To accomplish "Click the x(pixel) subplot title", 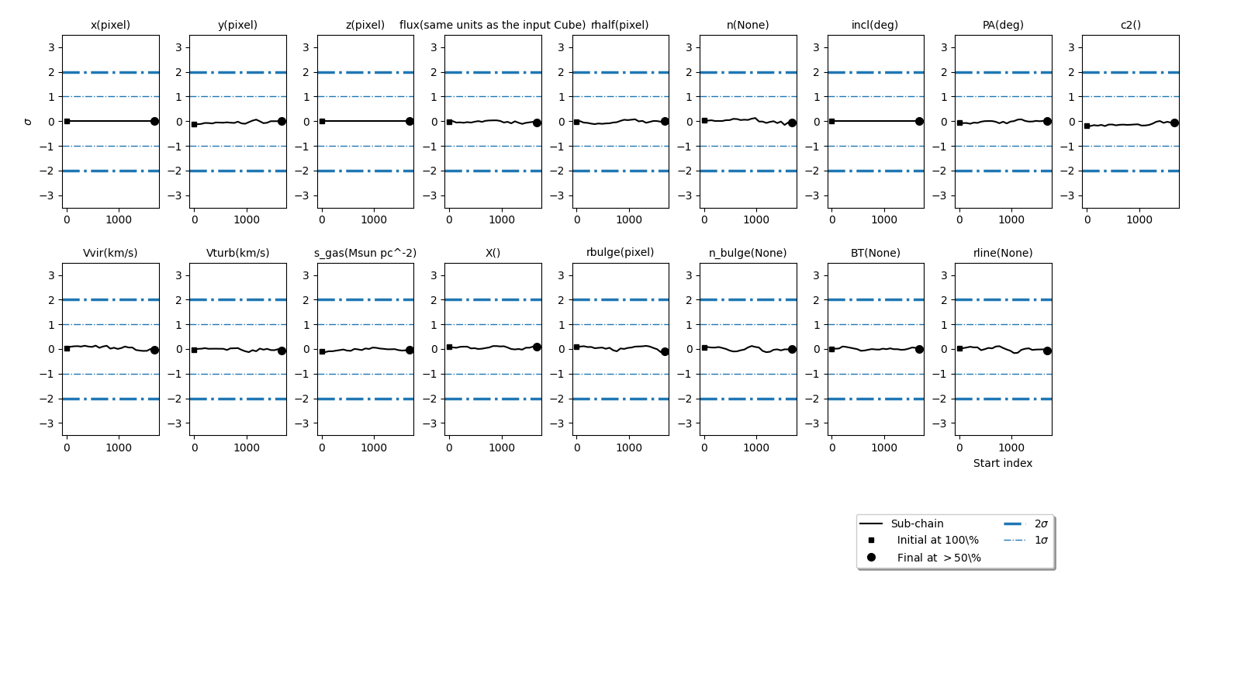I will (110, 25).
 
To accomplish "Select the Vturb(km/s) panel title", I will (237, 253).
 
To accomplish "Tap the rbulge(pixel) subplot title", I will (620, 252).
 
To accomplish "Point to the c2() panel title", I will (1130, 25).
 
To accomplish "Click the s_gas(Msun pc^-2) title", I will (365, 253).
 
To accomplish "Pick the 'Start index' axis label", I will (1003, 463).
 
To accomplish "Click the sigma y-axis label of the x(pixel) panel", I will (29, 122).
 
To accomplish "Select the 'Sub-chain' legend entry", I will (917, 523).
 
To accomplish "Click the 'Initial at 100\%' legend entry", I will (938, 541).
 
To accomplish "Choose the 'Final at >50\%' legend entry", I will (939, 558).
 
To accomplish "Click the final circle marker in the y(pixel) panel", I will (282, 121).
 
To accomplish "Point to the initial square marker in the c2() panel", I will (1087, 126).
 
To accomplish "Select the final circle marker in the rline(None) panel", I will (1047, 351).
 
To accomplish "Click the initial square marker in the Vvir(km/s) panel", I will (67, 348).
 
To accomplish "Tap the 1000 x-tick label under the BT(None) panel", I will (884, 447).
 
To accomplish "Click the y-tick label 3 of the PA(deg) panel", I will (944, 47).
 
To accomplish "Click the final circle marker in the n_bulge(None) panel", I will (792, 349).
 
